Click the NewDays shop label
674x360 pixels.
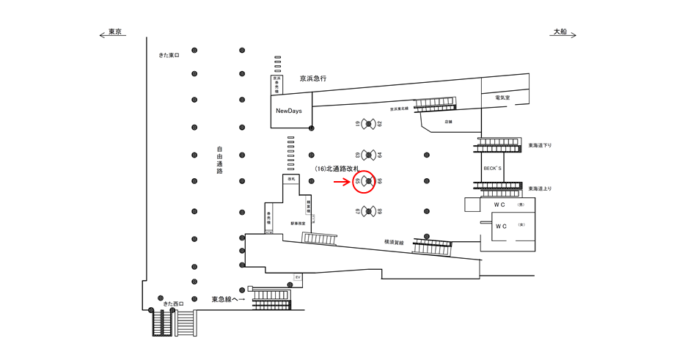click(x=288, y=111)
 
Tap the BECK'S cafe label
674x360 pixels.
click(x=492, y=168)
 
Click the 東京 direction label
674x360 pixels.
click(x=114, y=32)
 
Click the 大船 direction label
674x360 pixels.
click(x=560, y=32)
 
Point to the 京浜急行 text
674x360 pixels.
click(x=312, y=78)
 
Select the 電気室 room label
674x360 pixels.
click(x=502, y=98)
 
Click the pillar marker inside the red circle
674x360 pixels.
click(x=368, y=181)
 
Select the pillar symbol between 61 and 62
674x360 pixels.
click(x=368, y=124)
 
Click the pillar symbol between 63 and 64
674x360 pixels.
click(x=368, y=155)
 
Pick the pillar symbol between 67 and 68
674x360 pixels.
click(x=368, y=211)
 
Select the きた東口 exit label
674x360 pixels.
click(x=169, y=55)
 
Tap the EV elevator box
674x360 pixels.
click(x=298, y=277)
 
